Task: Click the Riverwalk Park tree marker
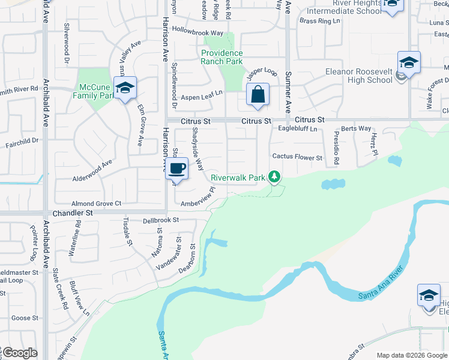274,176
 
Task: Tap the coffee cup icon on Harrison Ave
176,169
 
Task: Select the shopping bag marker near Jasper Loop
258,95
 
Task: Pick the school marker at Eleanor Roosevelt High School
408,63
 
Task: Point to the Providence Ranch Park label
221,57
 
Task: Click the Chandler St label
73,213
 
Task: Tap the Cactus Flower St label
297,157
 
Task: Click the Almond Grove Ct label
97,204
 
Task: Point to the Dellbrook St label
161,220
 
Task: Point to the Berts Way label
356,128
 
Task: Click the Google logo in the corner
19,353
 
